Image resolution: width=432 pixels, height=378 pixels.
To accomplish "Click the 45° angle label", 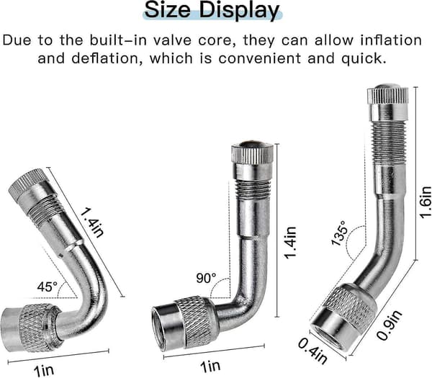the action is coord(48,287).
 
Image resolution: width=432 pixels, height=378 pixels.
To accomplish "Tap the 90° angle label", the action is coord(207,278).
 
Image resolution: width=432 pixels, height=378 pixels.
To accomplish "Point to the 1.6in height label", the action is coord(425,199).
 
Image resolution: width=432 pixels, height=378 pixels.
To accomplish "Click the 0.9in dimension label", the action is coord(390,325).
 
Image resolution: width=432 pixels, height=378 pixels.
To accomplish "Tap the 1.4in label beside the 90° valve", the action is coord(290,243).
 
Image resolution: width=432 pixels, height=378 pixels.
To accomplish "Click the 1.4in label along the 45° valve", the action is coord(92,222).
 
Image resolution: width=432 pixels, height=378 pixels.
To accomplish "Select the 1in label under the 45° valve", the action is coord(44,370).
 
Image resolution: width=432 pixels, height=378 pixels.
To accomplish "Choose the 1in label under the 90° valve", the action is coord(210,366).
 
